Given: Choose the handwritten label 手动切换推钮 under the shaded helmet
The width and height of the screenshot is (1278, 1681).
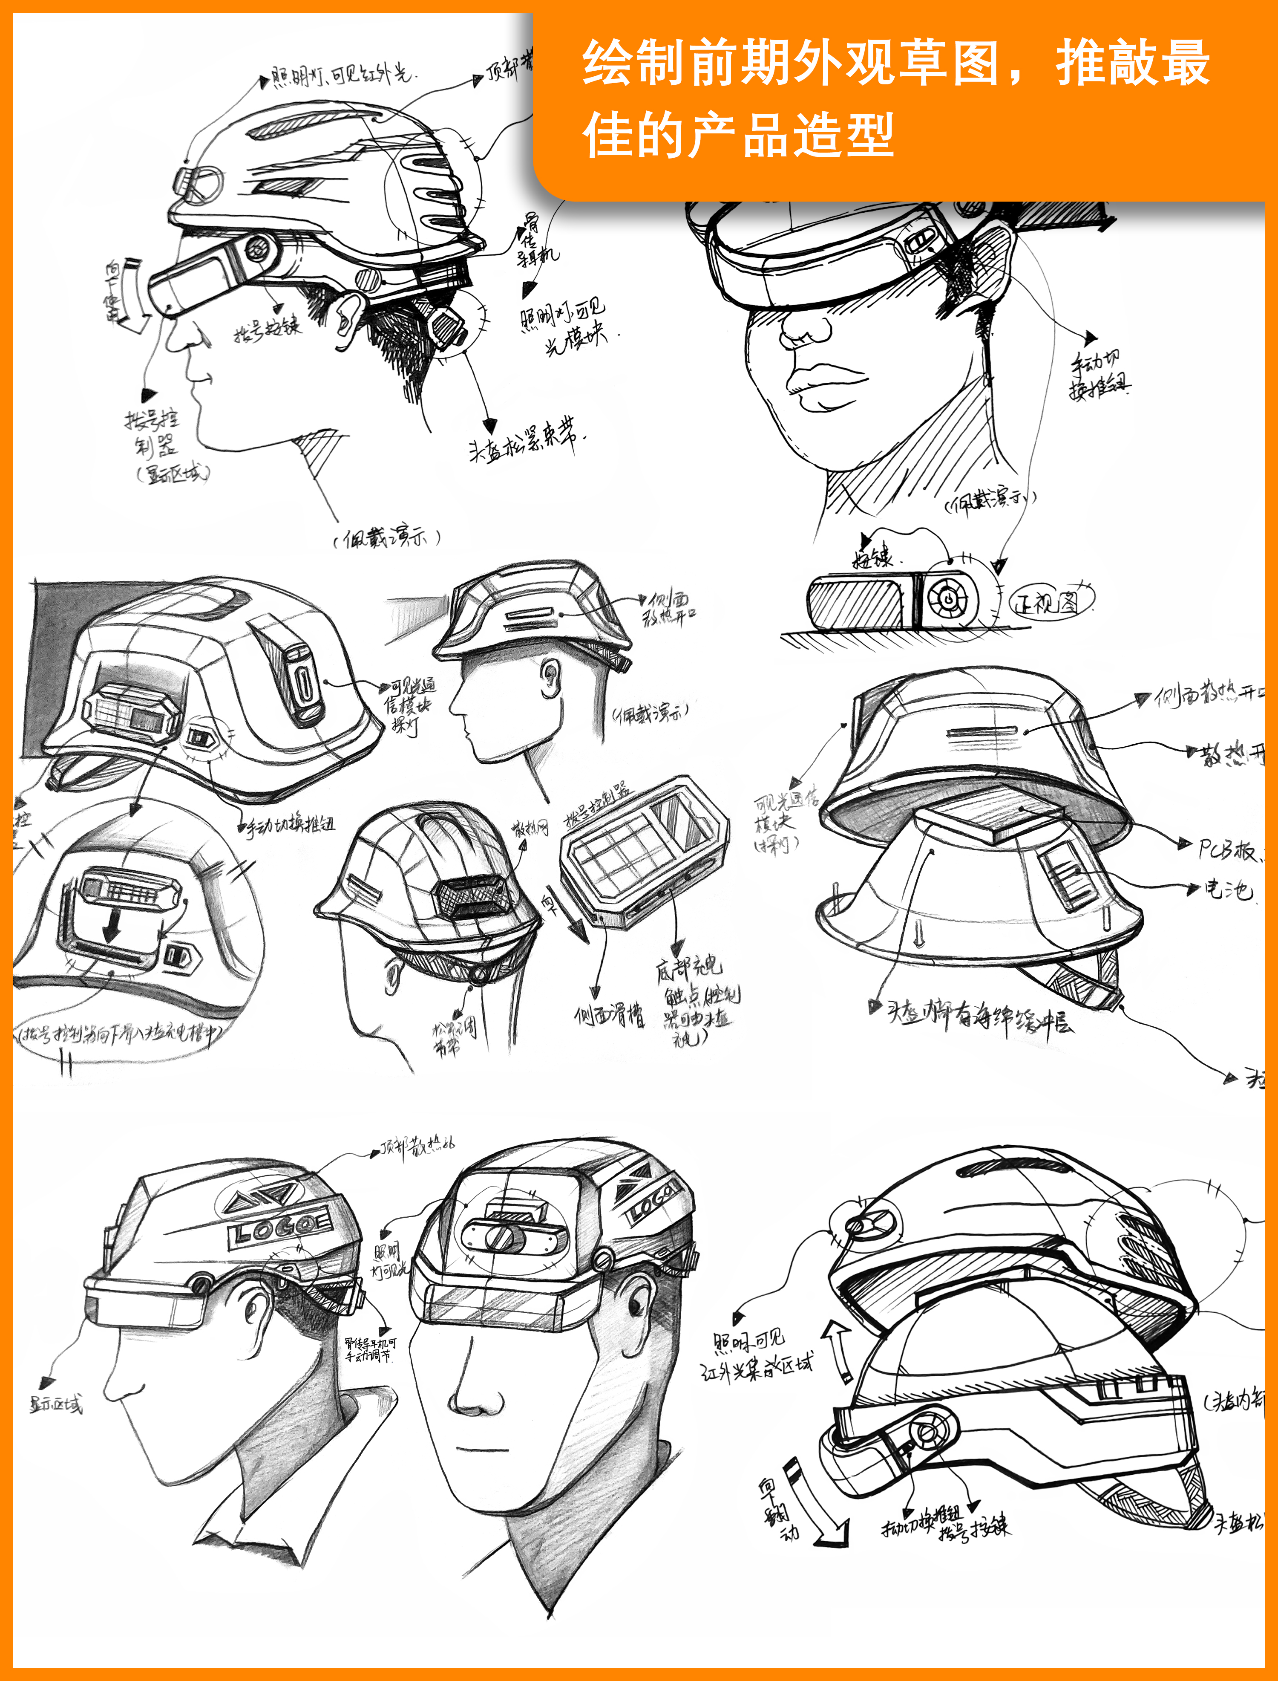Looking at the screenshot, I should point(289,824).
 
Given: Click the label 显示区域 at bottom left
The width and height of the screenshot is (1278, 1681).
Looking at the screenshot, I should point(55,1405).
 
